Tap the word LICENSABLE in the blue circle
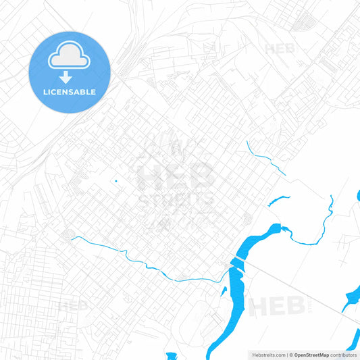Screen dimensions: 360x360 point(70,92)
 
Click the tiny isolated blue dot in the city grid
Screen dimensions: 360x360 point(115,180)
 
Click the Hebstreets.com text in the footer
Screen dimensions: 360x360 point(267,355)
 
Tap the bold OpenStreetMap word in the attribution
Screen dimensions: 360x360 point(311,355)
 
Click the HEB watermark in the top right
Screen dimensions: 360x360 point(280,49)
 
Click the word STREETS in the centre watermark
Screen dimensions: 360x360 point(176,199)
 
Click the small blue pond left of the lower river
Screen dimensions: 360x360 point(224,290)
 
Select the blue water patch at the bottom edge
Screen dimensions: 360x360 point(172,356)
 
